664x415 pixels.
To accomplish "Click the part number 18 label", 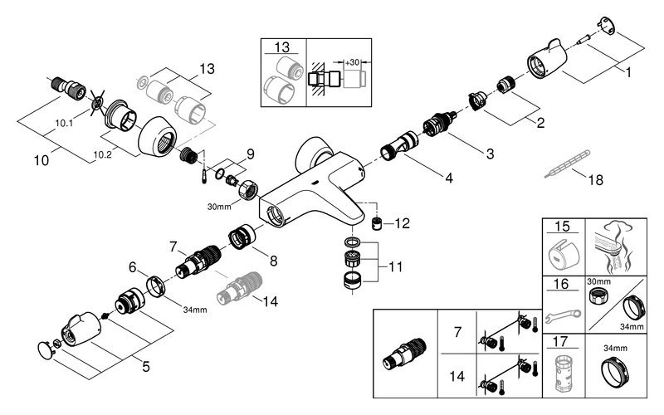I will [x=594, y=180].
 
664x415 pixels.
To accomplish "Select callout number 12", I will [x=403, y=223].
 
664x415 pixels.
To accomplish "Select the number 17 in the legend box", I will [x=564, y=340].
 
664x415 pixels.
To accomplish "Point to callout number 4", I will [x=450, y=178].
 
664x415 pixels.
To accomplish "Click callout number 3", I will [x=489, y=154].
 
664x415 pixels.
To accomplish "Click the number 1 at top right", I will [x=628, y=72].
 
